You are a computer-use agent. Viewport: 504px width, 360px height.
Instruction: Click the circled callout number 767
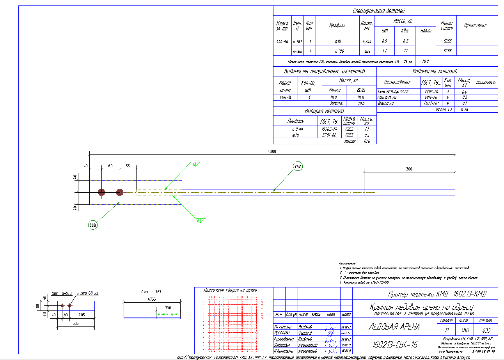click(x=298, y=167)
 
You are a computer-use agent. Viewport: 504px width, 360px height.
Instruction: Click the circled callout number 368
click(x=92, y=225)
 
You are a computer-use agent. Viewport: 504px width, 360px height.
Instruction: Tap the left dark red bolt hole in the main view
click(x=101, y=192)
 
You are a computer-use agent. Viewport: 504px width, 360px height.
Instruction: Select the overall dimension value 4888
click(x=272, y=151)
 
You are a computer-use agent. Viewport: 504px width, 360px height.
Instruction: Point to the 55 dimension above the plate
click(x=128, y=166)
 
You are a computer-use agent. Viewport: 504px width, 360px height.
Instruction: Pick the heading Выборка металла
click(x=325, y=111)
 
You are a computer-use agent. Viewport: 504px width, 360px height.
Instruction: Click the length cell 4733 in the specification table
click(x=367, y=41)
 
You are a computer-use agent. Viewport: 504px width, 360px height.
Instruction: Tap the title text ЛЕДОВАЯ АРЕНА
click(x=394, y=327)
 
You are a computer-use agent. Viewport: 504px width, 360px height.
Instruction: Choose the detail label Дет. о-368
click(x=62, y=293)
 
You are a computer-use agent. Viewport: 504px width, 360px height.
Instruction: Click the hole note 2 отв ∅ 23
click(x=87, y=293)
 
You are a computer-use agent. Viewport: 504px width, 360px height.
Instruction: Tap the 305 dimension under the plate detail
click(x=76, y=323)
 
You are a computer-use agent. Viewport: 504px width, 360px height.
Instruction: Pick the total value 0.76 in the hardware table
click(x=464, y=110)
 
